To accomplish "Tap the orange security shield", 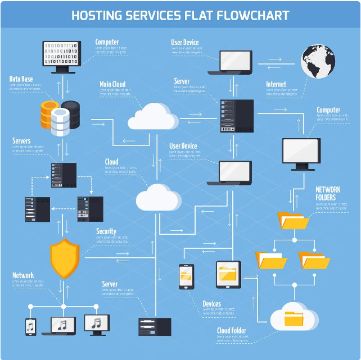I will pyautogui.click(x=65, y=258).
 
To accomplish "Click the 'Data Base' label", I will pyautogui.click(x=22, y=79).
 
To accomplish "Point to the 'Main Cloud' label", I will pyautogui.click(x=112, y=84).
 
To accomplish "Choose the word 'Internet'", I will pyautogui.click(x=276, y=84).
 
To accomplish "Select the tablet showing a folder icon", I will pyautogui.click(x=228, y=274).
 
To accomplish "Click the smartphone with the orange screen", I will pyautogui.click(x=187, y=276).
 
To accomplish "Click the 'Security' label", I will pyautogui.click(x=106, y=231).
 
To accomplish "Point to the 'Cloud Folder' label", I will pyautogui.click(x=232, y=331).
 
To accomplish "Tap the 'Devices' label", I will pyautogui.click(x=212, y=304).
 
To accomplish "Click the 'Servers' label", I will pyautogui.click(x=21, y=140).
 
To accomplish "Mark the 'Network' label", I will pyautogui.click(x=23, y=275).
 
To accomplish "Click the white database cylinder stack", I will pyautogui.click(x=61, y=122).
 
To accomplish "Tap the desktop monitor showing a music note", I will pyautogui.click(x=96, y=323).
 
